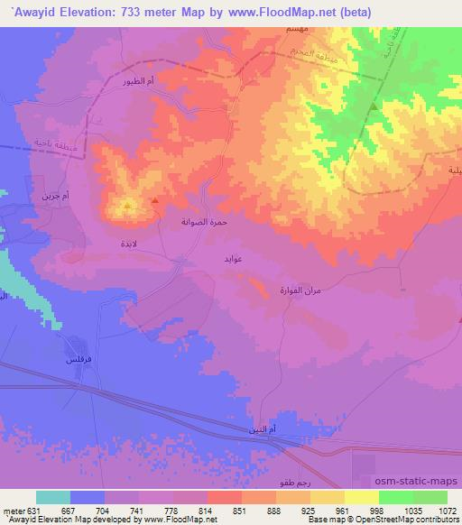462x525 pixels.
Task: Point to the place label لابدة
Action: pos(130,244)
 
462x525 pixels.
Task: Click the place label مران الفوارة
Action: pos(296,290)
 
